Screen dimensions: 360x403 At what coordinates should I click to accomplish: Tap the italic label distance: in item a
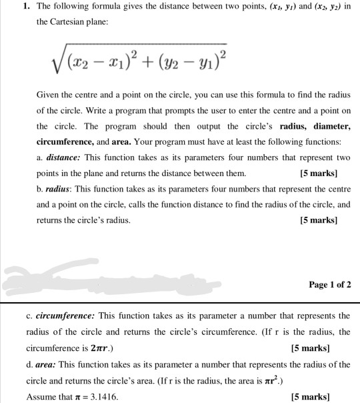(x=63, y=158)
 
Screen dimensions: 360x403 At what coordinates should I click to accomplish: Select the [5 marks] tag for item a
(x=319, y=174)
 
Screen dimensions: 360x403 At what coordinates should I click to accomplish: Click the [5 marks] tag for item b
(x=319, y=220)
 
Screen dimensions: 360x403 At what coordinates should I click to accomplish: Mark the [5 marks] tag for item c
(x=312, y=348)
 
